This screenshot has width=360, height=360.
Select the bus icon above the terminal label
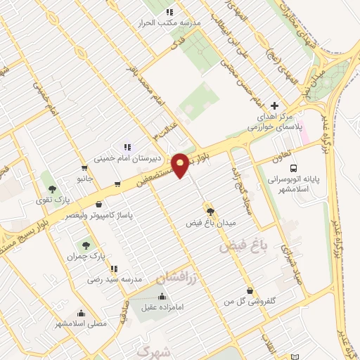pos(294,168)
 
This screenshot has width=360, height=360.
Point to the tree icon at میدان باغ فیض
pos(210,210)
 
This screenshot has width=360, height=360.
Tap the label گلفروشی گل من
pos(243,301)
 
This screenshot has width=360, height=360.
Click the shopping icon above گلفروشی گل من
pos(250,290)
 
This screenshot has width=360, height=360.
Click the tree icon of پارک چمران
pos(86,245)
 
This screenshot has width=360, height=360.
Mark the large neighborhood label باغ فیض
pos(243,246)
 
